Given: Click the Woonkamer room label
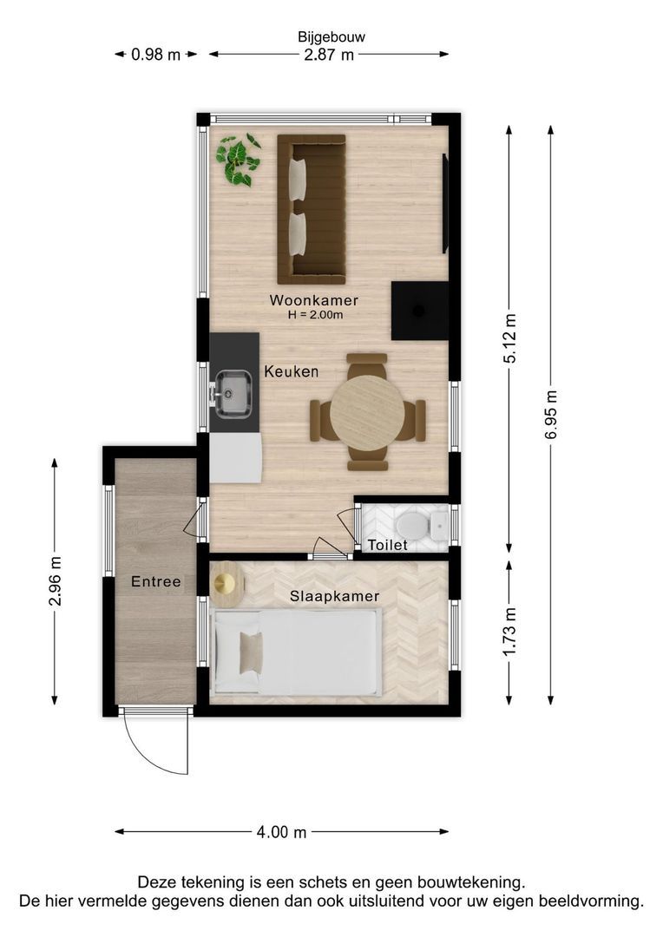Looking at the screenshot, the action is tap(314, 300).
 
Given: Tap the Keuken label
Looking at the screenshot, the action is tap(291, 371).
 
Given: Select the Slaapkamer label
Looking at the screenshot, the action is tap(335, 596).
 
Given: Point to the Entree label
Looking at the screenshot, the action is tap(156, 581).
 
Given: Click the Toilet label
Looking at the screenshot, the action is tap(387, 545).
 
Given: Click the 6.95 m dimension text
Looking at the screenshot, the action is tap(550, 415).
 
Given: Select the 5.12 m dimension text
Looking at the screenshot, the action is tap(509, 337).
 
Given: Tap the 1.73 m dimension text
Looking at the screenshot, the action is tap(509, 631).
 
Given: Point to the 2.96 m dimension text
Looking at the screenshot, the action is tap(55, 580).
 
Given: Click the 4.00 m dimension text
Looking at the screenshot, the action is tap(281, 832).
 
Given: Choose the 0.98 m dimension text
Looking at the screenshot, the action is tap(155, 55).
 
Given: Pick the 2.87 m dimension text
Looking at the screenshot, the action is tap(329, 55).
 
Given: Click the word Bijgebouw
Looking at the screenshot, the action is tap(331, 37).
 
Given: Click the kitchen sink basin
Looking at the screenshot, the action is tap(233, 393).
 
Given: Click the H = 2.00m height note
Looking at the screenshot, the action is tap(315, 315).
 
